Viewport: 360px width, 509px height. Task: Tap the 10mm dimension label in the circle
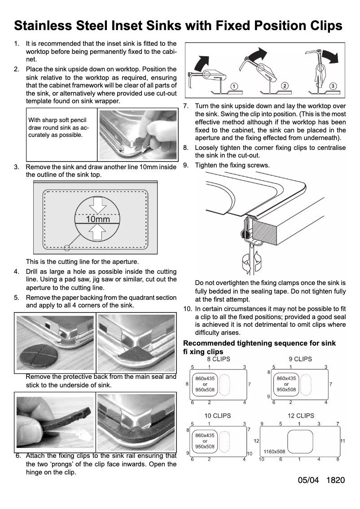97,219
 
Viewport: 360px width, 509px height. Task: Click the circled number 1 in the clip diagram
234,85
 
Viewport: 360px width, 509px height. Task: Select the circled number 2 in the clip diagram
285,85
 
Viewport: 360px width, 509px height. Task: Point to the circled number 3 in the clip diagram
333,85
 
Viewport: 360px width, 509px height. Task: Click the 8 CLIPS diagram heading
218,359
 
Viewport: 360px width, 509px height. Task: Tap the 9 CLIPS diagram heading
300,359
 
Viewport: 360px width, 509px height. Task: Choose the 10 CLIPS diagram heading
218,416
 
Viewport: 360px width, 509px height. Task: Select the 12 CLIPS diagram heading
300,416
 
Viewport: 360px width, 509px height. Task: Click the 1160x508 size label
274,452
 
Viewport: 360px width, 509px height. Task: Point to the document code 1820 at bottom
336,480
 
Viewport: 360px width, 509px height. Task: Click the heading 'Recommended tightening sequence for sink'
259,343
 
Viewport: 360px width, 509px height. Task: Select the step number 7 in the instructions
186,106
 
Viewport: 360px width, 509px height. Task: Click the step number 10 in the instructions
188,309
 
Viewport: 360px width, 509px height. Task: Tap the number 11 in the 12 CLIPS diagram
342,441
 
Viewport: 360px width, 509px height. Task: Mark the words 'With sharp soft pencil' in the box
57,120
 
